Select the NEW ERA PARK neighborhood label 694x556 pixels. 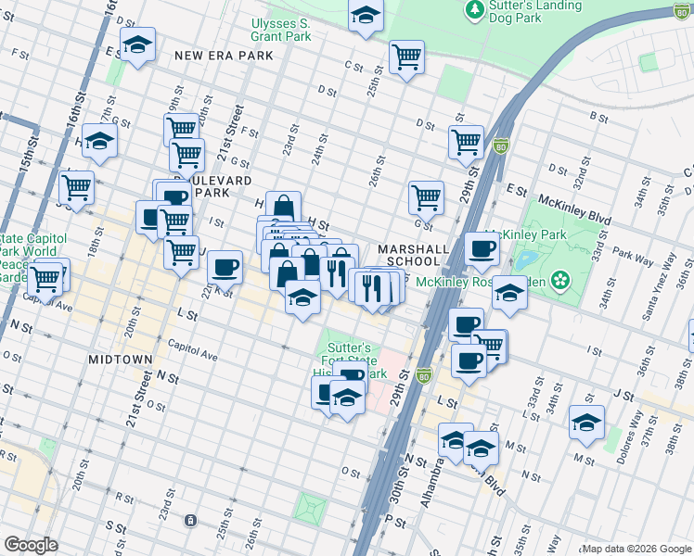[x=224, y=56]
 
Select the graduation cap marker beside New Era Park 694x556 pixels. [x=137, y=45]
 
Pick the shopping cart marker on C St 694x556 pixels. [x=406, y=57]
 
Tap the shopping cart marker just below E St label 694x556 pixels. [x=426, y=196]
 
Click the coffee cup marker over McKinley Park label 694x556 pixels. [x=482, y=248]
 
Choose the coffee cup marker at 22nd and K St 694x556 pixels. [x=225, y=268]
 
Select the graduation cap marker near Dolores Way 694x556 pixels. [x=586, y=423]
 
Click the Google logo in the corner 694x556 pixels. [x=30, y=545]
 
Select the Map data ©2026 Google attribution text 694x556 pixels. [x=636, y=549]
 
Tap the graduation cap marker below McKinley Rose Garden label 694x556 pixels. [x=508, y=293]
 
